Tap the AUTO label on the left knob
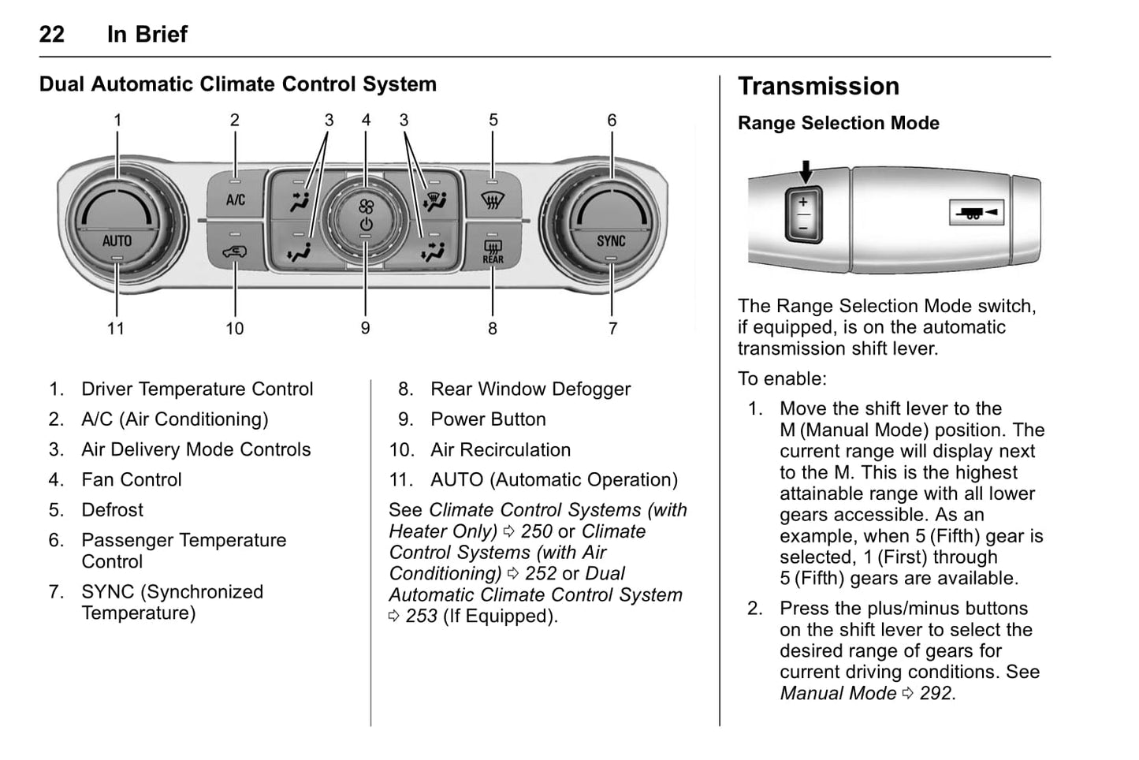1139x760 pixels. (x=117, y=240)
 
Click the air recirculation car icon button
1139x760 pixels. (x=235, y=252)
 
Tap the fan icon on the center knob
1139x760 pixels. (x=366, y=207)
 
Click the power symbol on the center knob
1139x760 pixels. (x=366, y=225)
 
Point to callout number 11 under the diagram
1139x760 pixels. (x=116, y=328)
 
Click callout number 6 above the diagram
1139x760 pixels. (x=612, y=120)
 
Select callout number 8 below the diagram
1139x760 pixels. (x=493, y=328)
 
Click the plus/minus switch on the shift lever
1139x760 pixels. (x=803, y=214)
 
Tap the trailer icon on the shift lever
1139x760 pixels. (x=976, y=213)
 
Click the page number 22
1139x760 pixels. (x=52, y=34)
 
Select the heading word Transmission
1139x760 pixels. (x=818, y=86)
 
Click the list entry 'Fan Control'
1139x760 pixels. (x=132, y=479)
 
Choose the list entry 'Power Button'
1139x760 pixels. (x=488, y=419)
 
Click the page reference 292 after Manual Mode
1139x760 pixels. (x=936, y=693)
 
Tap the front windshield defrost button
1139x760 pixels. (x=493, y=201)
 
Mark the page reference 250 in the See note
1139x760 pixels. (x=536, y=531)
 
